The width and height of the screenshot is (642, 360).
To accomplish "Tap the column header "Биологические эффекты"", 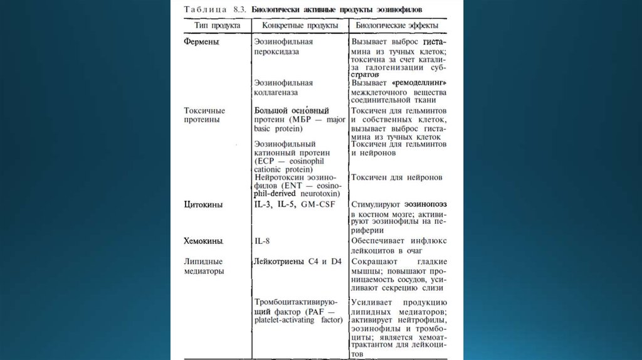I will tap(397, 26).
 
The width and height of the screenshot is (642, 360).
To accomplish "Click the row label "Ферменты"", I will tap(202, 41).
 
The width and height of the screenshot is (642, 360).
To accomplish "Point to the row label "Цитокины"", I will tap(204, 204).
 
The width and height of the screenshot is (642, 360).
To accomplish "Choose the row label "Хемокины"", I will tap(204, 240).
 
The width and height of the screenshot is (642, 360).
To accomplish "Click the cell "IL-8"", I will tap(261, 240).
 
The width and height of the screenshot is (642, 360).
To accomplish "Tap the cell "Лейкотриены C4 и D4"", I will tap(298, 261).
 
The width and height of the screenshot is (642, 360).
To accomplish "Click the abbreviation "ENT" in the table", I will tap(293, 186).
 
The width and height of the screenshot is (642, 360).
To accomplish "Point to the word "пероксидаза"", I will tap(277, 51).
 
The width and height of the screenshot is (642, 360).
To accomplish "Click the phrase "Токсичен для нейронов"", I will tap(397, 177).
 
